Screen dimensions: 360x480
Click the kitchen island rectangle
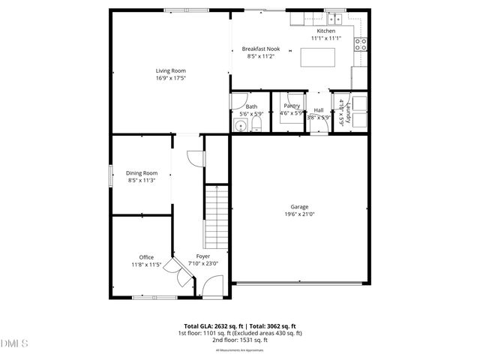(x=318, y=58)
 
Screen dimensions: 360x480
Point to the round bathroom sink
(x=240, y=125)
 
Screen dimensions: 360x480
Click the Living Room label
(x=170, y=70)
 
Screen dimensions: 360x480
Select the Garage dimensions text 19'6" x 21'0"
(x=299, y=214)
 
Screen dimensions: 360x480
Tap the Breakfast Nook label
(x=262, y=48)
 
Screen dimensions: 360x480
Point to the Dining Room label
(x=142, y=172)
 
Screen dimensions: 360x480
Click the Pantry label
(x=291, y=106)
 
